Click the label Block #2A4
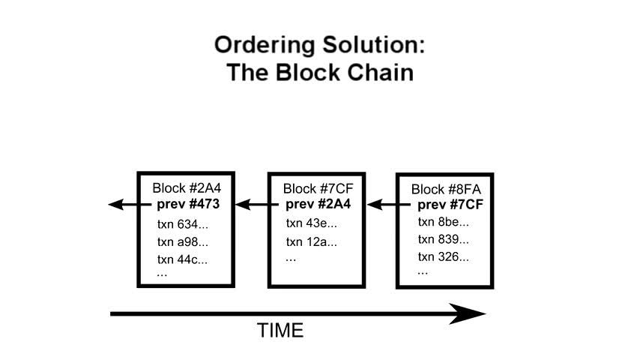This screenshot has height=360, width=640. click(x=186, y=188)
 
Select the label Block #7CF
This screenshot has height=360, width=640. click(x=318, y=188)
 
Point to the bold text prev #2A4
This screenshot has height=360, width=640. click(x=318, y=204)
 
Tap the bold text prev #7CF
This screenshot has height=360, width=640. click(x=450, y=205)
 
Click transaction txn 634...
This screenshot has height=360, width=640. click(x=183, y=223)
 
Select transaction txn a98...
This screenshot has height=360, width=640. click(x=183, y=241)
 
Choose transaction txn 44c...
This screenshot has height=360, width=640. click(x=183, y=259)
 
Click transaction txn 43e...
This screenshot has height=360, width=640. click(x=312, y=223)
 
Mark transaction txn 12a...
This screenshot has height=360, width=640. click(x=312, y=241)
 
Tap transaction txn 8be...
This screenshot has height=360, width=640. click(x=443, y=222)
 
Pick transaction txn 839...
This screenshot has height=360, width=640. click(x=443, y=239)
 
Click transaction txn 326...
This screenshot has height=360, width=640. click(x=443, y=256)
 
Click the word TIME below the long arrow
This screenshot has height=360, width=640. click(x=281, y=330)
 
